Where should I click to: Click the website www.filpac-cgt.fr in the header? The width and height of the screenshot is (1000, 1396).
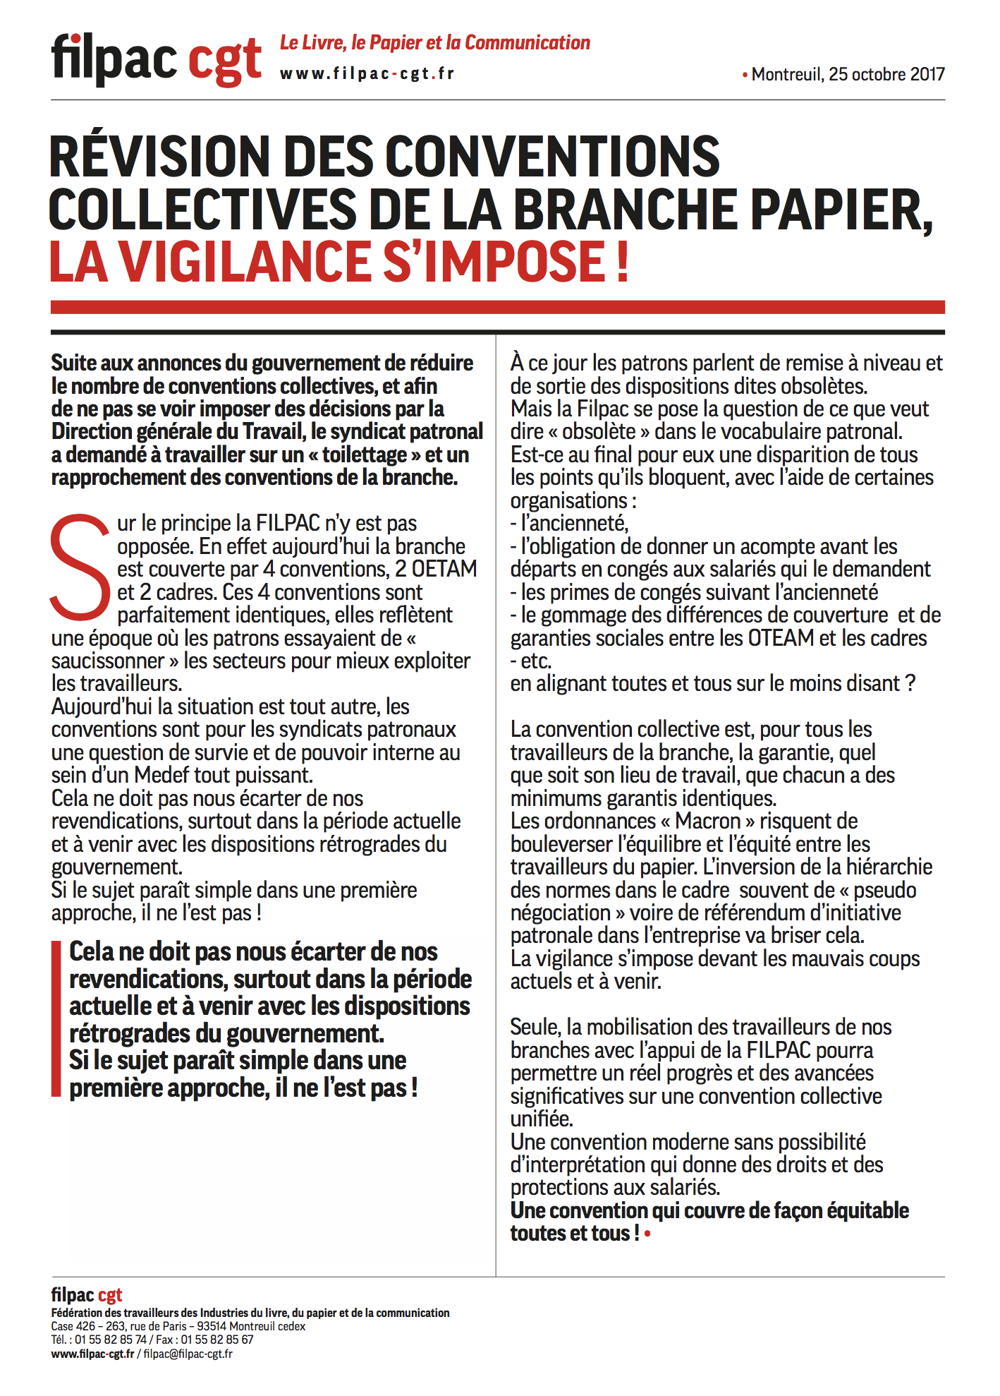coord(367,74)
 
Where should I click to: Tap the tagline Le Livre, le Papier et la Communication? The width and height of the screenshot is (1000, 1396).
coord(434,43)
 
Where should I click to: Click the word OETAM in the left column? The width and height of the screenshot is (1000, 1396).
coord(444,569)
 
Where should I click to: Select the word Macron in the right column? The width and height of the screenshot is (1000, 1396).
coord(707,822)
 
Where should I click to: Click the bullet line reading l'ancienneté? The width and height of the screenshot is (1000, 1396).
coord(570,524)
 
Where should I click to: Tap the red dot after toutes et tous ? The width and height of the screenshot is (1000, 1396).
coord(647,1234)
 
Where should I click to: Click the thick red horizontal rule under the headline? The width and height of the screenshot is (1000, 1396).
coord(497,307)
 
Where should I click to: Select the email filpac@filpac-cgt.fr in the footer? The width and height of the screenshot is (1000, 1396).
coord(188,1354)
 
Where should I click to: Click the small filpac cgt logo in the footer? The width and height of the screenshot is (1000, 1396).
coord(87,1295)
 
